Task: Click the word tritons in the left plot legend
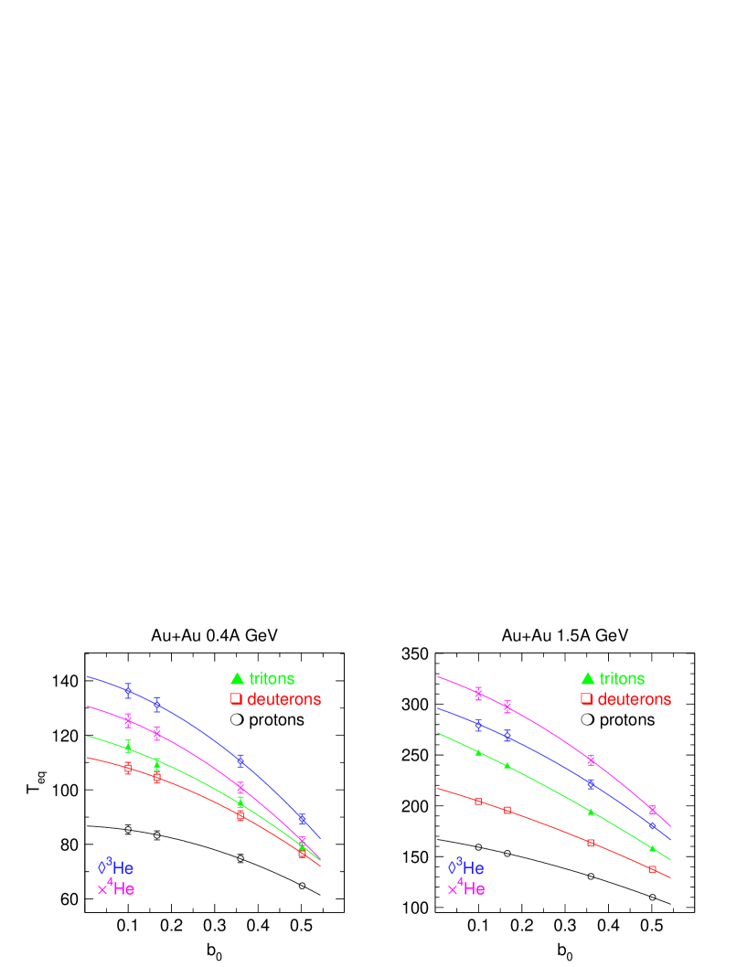pyautogui.click(x=272, y=679)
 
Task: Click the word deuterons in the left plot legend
pyautogui.click(x=283, y=699)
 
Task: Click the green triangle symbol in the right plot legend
pyautogui.click(x=587, y=679)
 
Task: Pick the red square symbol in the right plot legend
pyautogui.click(x=586, y=699)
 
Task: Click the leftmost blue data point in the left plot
pyautogui.click(x=128, y=690)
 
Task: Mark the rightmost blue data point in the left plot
pyautogui.click(x=302, y=818)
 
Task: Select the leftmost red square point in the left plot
pyautogui.click(x=128, y=769)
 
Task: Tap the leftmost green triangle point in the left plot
pyautogui.click(x=128, y=747)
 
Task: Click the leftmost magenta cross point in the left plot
pyautogui.click(x=128, y=720)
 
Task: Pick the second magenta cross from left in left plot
pyautogui.click(x=157, y=733)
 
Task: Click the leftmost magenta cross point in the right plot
pyautogui.click(x=478, y=694)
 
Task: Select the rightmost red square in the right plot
pyautogui.click(x=652, y=869)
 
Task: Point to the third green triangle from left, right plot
pyautogui.click(x=591, y=811)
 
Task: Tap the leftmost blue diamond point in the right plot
pyautogui.click(x=478, y=724)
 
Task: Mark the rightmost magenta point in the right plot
pyautogui.click(x=652, y=809)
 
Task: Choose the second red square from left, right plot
pyautogui.click(x=507, y=811)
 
